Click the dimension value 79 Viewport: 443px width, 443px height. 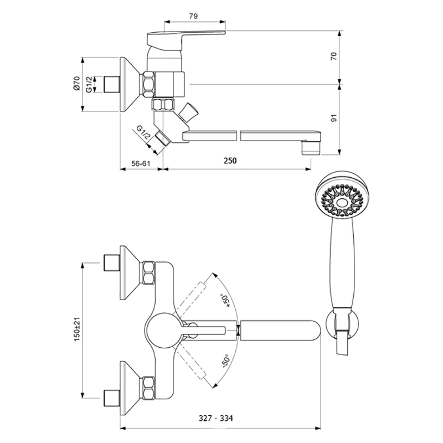193,16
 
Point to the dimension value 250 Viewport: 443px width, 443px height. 230,161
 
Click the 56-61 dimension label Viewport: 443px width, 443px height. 140,163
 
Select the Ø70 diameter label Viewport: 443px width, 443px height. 76,84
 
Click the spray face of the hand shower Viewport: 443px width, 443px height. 339,197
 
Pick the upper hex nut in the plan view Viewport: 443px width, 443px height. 148,273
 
